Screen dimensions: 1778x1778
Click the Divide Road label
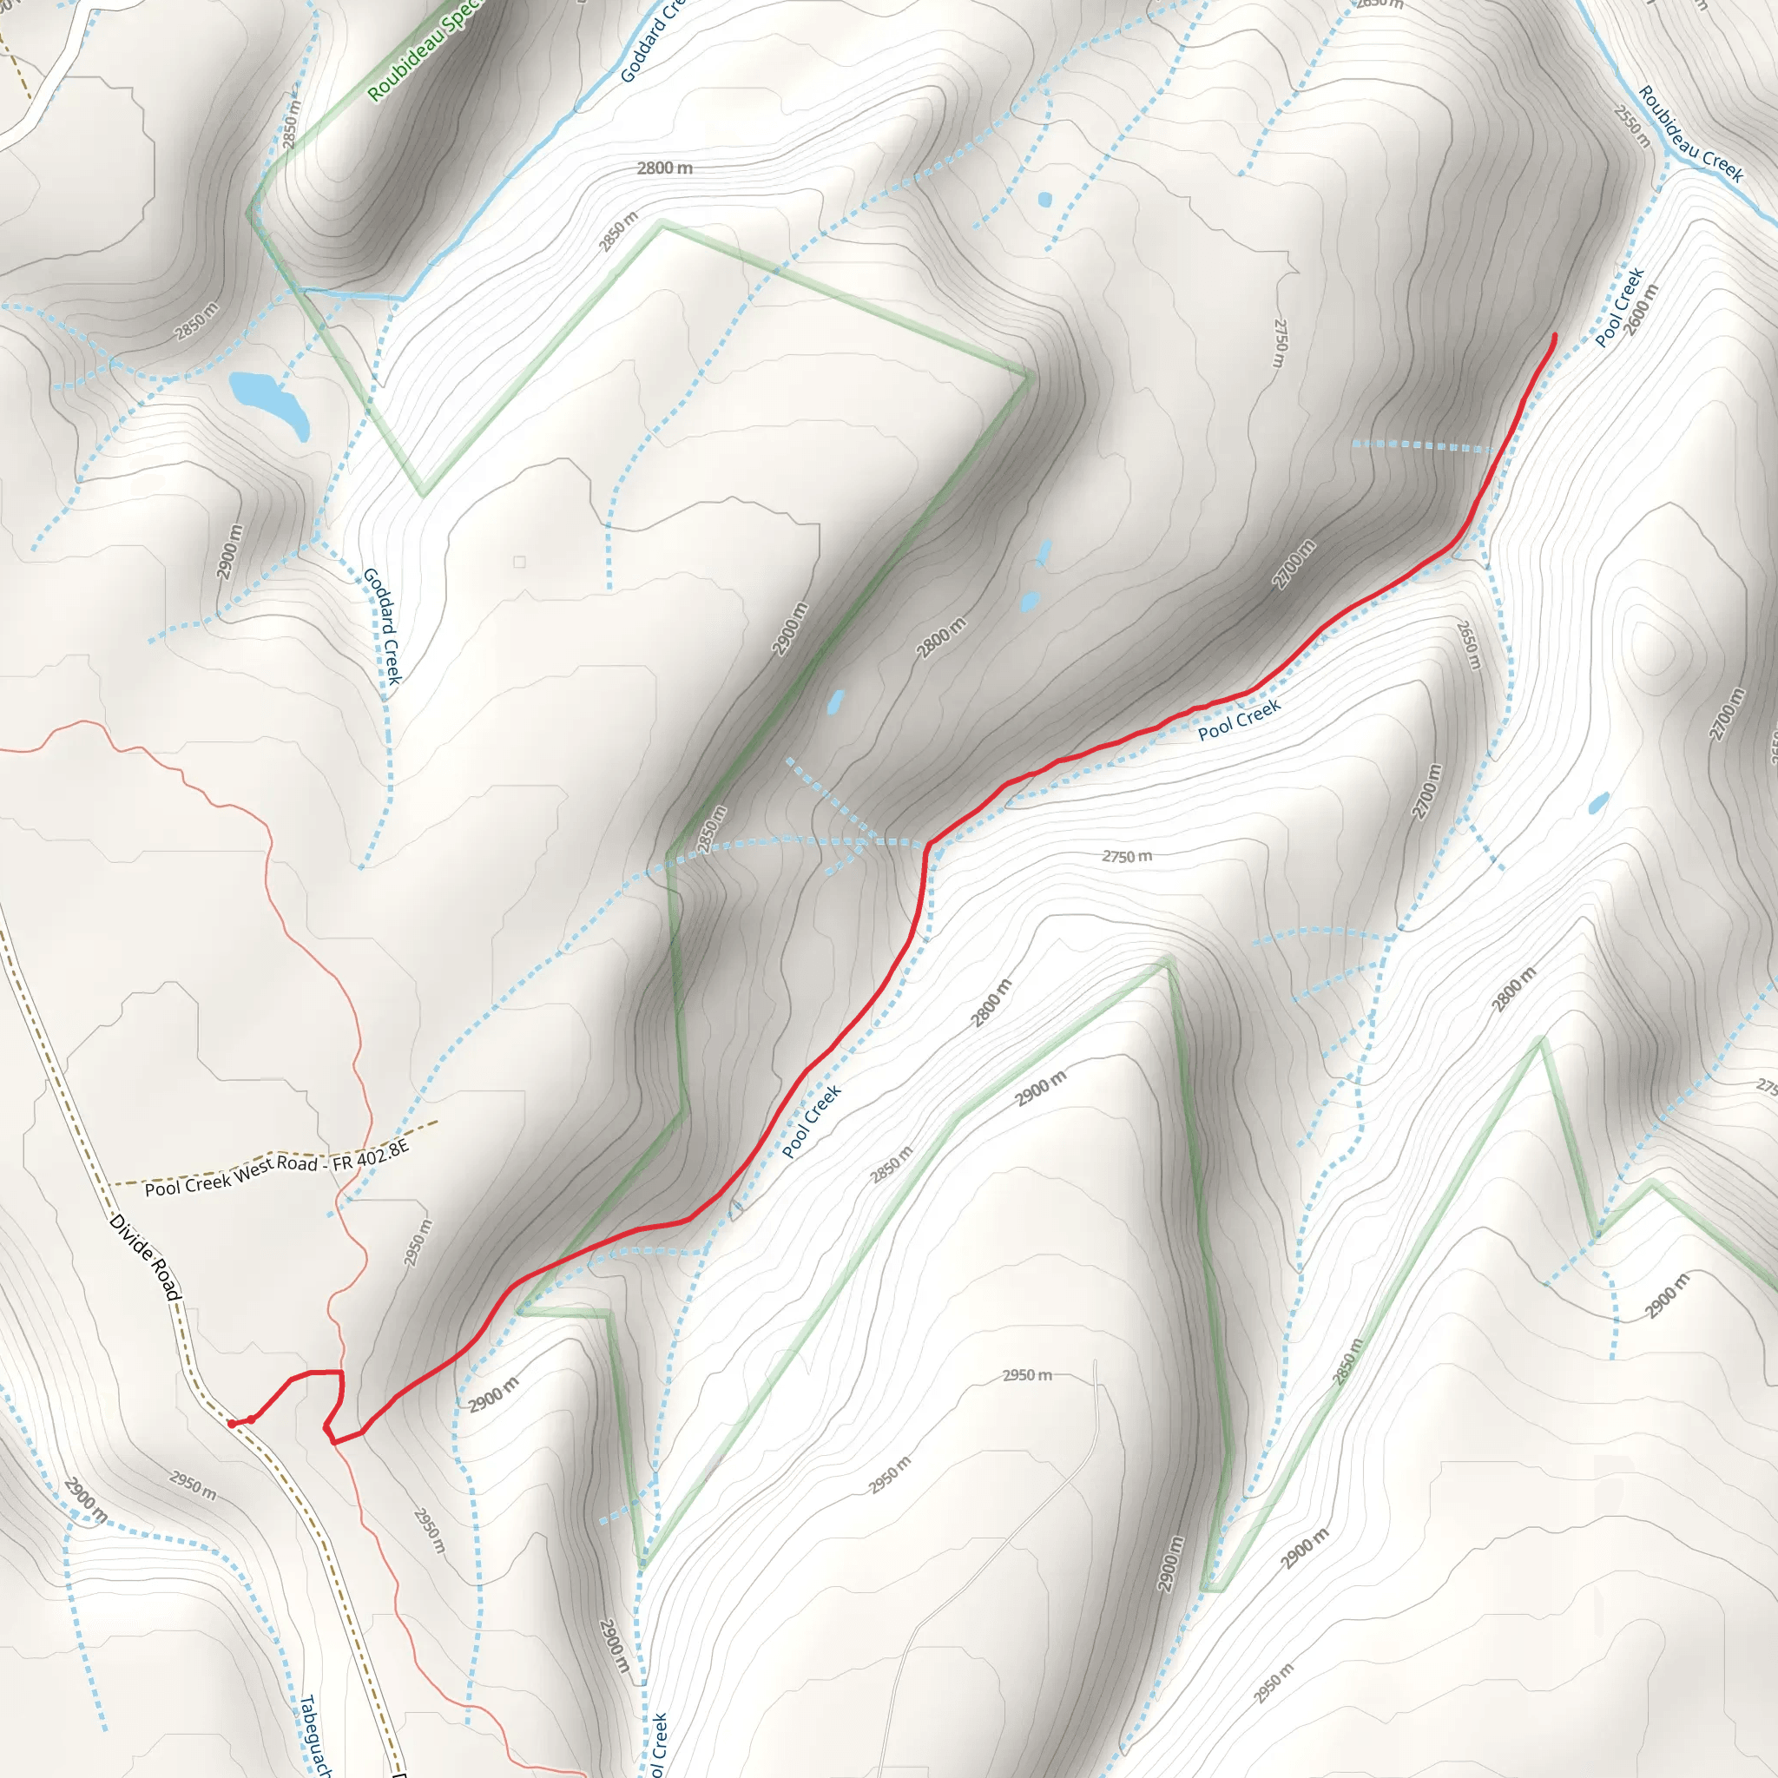[144, 1257]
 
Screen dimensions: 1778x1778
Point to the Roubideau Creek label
[1689, 135]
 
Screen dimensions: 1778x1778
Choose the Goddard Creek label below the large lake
[382, 626]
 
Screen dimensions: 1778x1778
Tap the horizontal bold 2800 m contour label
[664, 168]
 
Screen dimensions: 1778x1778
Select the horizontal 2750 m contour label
[1126, 857]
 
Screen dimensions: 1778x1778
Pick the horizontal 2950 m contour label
[1027, 1376]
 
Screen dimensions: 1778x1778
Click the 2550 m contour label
[1631, 126]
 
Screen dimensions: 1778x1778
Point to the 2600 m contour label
[1640, 310]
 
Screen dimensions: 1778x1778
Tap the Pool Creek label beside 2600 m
[1619, 307]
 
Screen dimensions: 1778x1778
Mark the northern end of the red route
[1554, 336]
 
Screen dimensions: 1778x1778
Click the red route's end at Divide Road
[230, 1424]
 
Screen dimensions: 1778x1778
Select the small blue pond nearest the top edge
[1044, 199]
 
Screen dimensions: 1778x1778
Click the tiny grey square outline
[519, 562]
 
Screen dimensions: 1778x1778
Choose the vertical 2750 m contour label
[1279, 342]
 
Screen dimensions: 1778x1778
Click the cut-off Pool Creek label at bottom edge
[657, 1745]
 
